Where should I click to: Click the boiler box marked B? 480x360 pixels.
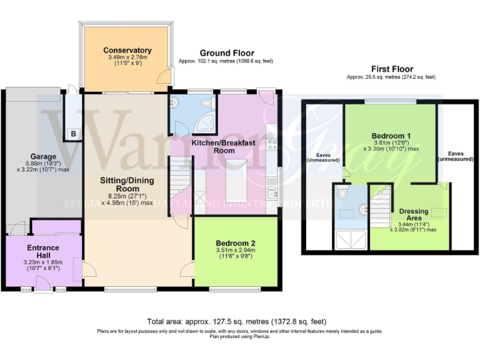point(73,134)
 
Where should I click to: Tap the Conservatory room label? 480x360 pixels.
point(127,51)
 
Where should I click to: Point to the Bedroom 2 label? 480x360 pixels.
point(235,243)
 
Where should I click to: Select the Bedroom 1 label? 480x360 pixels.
point(391,136)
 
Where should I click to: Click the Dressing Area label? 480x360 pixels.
point(413,214)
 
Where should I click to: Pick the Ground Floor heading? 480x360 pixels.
point(226,53)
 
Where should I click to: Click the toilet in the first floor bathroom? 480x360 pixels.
point(340,194)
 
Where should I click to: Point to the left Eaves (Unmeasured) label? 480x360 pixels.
point(322,157)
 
